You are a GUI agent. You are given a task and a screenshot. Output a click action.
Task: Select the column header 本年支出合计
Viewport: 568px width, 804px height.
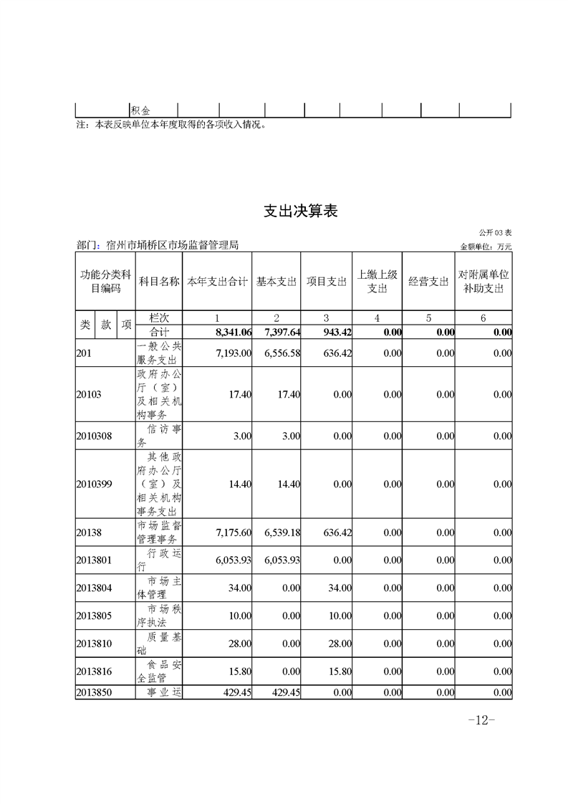pyautogui.click(x=217, y=282)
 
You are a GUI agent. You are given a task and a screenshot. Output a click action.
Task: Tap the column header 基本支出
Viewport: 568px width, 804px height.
pyautogui.click(x=276, y=282)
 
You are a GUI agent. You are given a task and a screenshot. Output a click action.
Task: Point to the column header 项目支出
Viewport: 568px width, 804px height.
pyautogui.click(x=327, y=282)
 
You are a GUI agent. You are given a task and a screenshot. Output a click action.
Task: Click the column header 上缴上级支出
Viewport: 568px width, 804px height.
pyautogui.click(x=377, y=281)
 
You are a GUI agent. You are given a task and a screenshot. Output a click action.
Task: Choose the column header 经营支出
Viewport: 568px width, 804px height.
pyautogui.click(x=428, y=282)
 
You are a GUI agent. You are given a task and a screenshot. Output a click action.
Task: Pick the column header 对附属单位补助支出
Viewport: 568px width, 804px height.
pyautogui.click(x=483, y=281)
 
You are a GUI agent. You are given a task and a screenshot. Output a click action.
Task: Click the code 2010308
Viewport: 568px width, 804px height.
pyautogui.click(x=94, y=436)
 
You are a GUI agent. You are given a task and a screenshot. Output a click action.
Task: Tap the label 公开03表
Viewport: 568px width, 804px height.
pyautogui.click(x=496, y=233)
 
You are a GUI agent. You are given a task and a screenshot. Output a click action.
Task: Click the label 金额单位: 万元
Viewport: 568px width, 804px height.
pyautogui.click(x=486, y=247)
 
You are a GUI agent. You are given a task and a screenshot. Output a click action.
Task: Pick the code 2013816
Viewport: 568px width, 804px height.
pyautogui.click(x=94, y=671)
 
